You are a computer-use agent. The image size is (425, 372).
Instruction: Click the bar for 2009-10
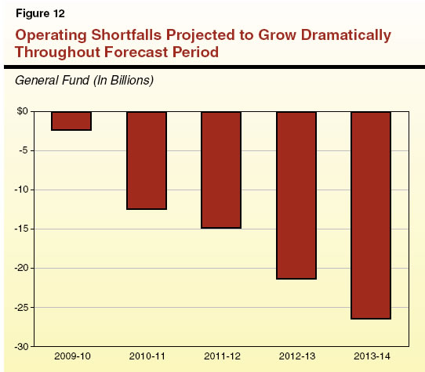coord(71,121)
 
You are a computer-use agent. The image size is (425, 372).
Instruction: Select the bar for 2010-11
coord(146,160)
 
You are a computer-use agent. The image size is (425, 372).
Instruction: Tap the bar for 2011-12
coord(220,169)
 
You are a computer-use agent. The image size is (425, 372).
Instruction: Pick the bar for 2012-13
coord(295,195)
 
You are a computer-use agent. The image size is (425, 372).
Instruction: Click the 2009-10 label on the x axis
coord(71,356)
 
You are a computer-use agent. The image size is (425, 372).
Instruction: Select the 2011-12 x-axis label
coord(220,356)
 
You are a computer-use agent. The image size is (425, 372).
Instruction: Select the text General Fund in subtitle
coord(49,80)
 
